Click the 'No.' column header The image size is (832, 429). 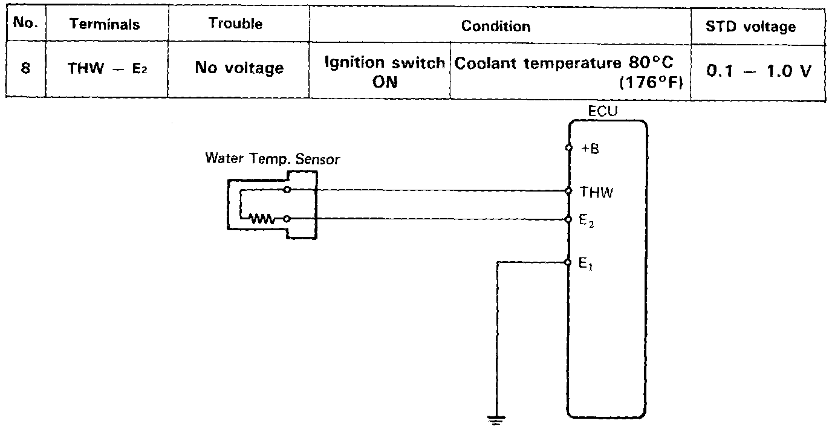pyautogui.click(x=25, y=24)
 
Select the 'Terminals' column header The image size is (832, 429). pyautogui.click(x=104, y=24)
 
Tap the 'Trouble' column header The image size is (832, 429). pyautogui.click(x=235, y=24)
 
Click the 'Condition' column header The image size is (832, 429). pyautogui.click(x=496, y=26)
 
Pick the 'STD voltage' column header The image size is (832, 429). pyautogui.click(x=759, y=27)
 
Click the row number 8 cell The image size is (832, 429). pyautogui.click(x=25, y=68)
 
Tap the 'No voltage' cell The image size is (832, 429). pyautogui.click(x=239, y=68)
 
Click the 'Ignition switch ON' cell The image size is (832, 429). pyautogui.click(x=385, y=72)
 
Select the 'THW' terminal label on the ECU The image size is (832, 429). pyautogui.click(x=596, y=193)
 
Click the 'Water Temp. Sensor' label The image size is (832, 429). pyautogui.click(x=273, y=159)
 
